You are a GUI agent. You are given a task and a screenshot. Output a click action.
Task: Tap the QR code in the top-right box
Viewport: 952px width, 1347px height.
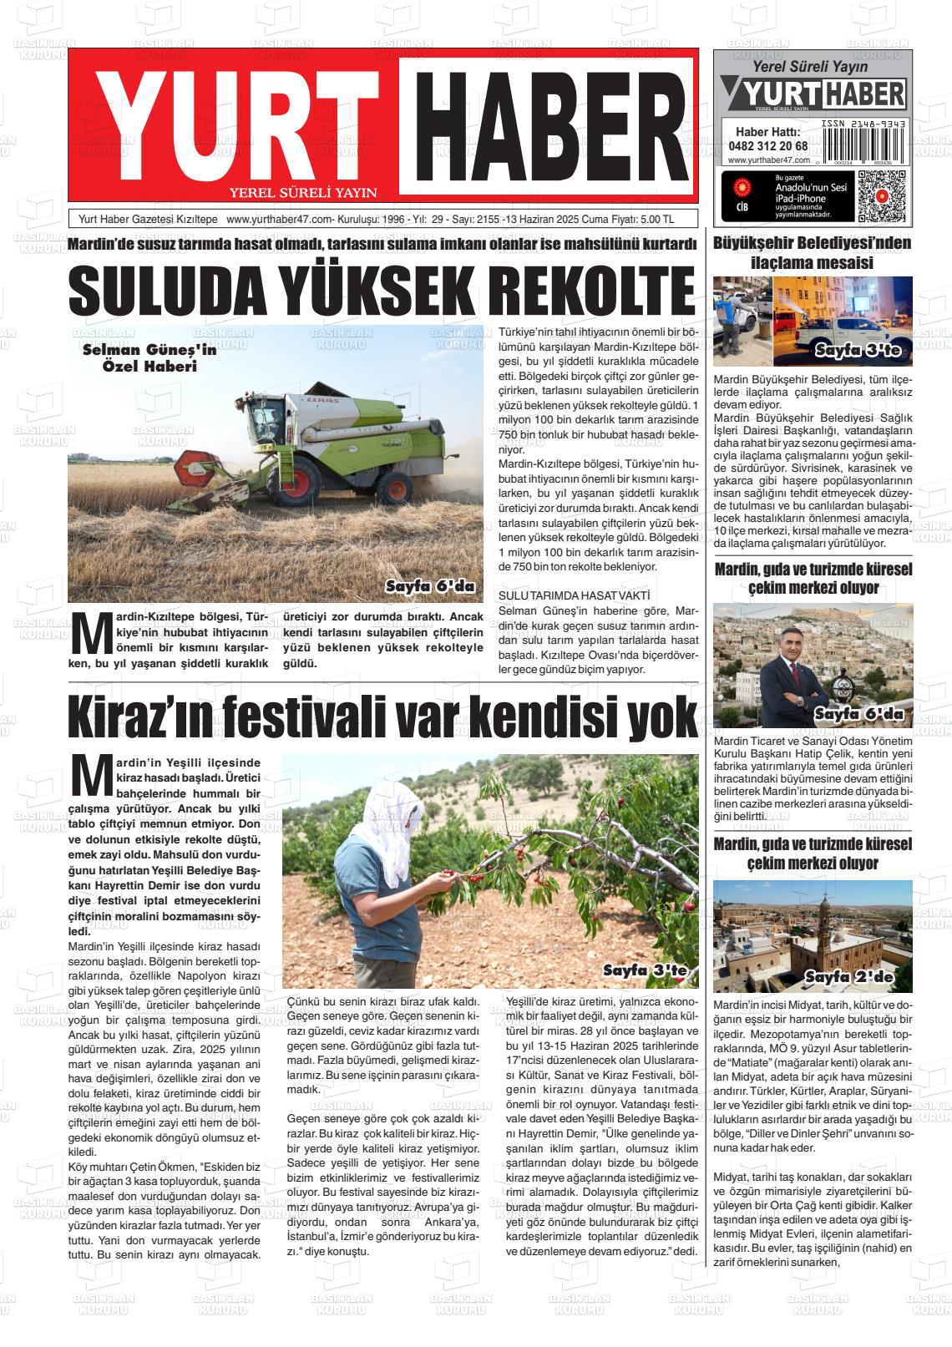click(x=881, y=197)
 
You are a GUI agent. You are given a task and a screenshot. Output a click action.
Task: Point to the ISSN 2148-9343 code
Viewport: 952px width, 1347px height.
click(x=863, y=123)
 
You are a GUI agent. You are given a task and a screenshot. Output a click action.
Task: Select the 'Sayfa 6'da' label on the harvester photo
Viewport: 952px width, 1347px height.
click(x=430, y=586)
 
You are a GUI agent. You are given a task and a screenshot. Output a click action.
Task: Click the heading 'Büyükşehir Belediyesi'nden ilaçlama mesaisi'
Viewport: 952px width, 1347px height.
click(x=812, y=253)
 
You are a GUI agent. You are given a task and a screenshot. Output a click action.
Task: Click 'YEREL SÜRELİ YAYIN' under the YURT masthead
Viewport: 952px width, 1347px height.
click(x=303, y=192)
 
